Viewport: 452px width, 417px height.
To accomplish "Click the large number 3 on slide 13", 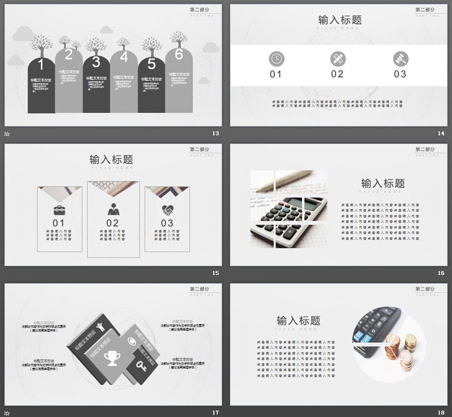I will [96, 63].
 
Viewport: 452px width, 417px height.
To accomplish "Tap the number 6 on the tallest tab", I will [179, 54].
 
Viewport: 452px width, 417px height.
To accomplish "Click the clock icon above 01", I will [276, 58].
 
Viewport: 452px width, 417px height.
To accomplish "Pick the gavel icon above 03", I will [400, 58].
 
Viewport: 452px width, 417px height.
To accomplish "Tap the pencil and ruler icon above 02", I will [337, 58].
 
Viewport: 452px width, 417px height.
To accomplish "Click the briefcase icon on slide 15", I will [59, 209].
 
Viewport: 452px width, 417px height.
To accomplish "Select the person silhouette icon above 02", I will [113, 209].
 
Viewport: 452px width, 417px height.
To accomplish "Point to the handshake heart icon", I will [167, 209].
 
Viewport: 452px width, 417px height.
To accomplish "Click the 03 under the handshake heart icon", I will [167, 223].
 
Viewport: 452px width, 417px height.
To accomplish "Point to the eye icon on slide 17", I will [133, 341].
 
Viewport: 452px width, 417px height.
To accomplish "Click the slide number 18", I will [441, 412].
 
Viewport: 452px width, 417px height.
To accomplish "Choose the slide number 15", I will [215, 273].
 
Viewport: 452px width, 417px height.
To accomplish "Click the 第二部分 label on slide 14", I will [425, 10].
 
